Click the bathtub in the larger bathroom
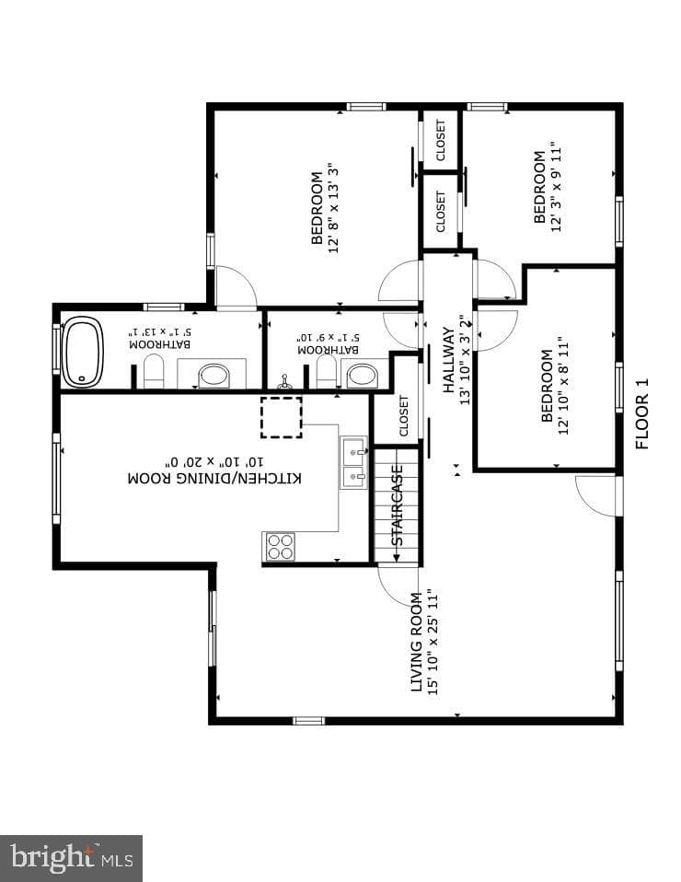click(x=82, y=352)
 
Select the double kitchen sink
click(x=353, y=463)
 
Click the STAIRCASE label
click(x=397, y=505)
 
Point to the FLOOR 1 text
click(x=641, y=413)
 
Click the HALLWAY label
click(x=448, y=359)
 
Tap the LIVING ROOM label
click(x=416, y=643)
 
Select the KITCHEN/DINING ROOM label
click(x=214, y=479)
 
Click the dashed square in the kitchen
click(x=282, y=417)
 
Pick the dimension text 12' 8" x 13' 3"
click(x=334, y=208)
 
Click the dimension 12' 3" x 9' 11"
click(x=556, y=191)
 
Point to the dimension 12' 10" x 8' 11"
click(x=563, y=386)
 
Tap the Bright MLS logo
click(x=72, y=858)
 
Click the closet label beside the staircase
click(x=404, y=416)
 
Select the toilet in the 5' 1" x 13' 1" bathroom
click(x=154, y=371)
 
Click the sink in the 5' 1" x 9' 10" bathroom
click(x=363, y=376)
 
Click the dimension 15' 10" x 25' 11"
click(x=433, y=643)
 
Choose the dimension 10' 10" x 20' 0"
click(x=214, y=462)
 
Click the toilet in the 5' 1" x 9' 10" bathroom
click(x=327, y=371)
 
